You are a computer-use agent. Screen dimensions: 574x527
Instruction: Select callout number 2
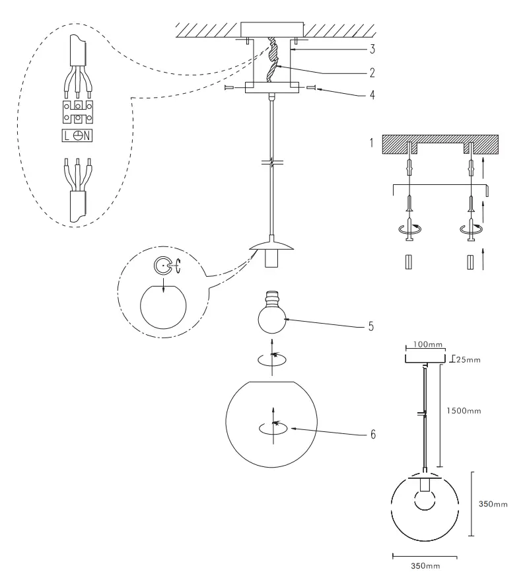(x=372, y=71)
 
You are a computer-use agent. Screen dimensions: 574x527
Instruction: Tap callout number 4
(x=372, y=94)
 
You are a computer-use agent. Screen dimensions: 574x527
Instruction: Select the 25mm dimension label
(x=468, y=360)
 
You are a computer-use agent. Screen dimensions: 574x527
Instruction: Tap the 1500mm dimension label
(x=462, y=410)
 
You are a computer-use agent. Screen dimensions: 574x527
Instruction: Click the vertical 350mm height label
(x=492, y=504)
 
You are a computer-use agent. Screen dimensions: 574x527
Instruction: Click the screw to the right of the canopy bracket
(x=312, y=87)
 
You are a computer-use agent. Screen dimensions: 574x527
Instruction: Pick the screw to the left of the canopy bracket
(x=229, y=87)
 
